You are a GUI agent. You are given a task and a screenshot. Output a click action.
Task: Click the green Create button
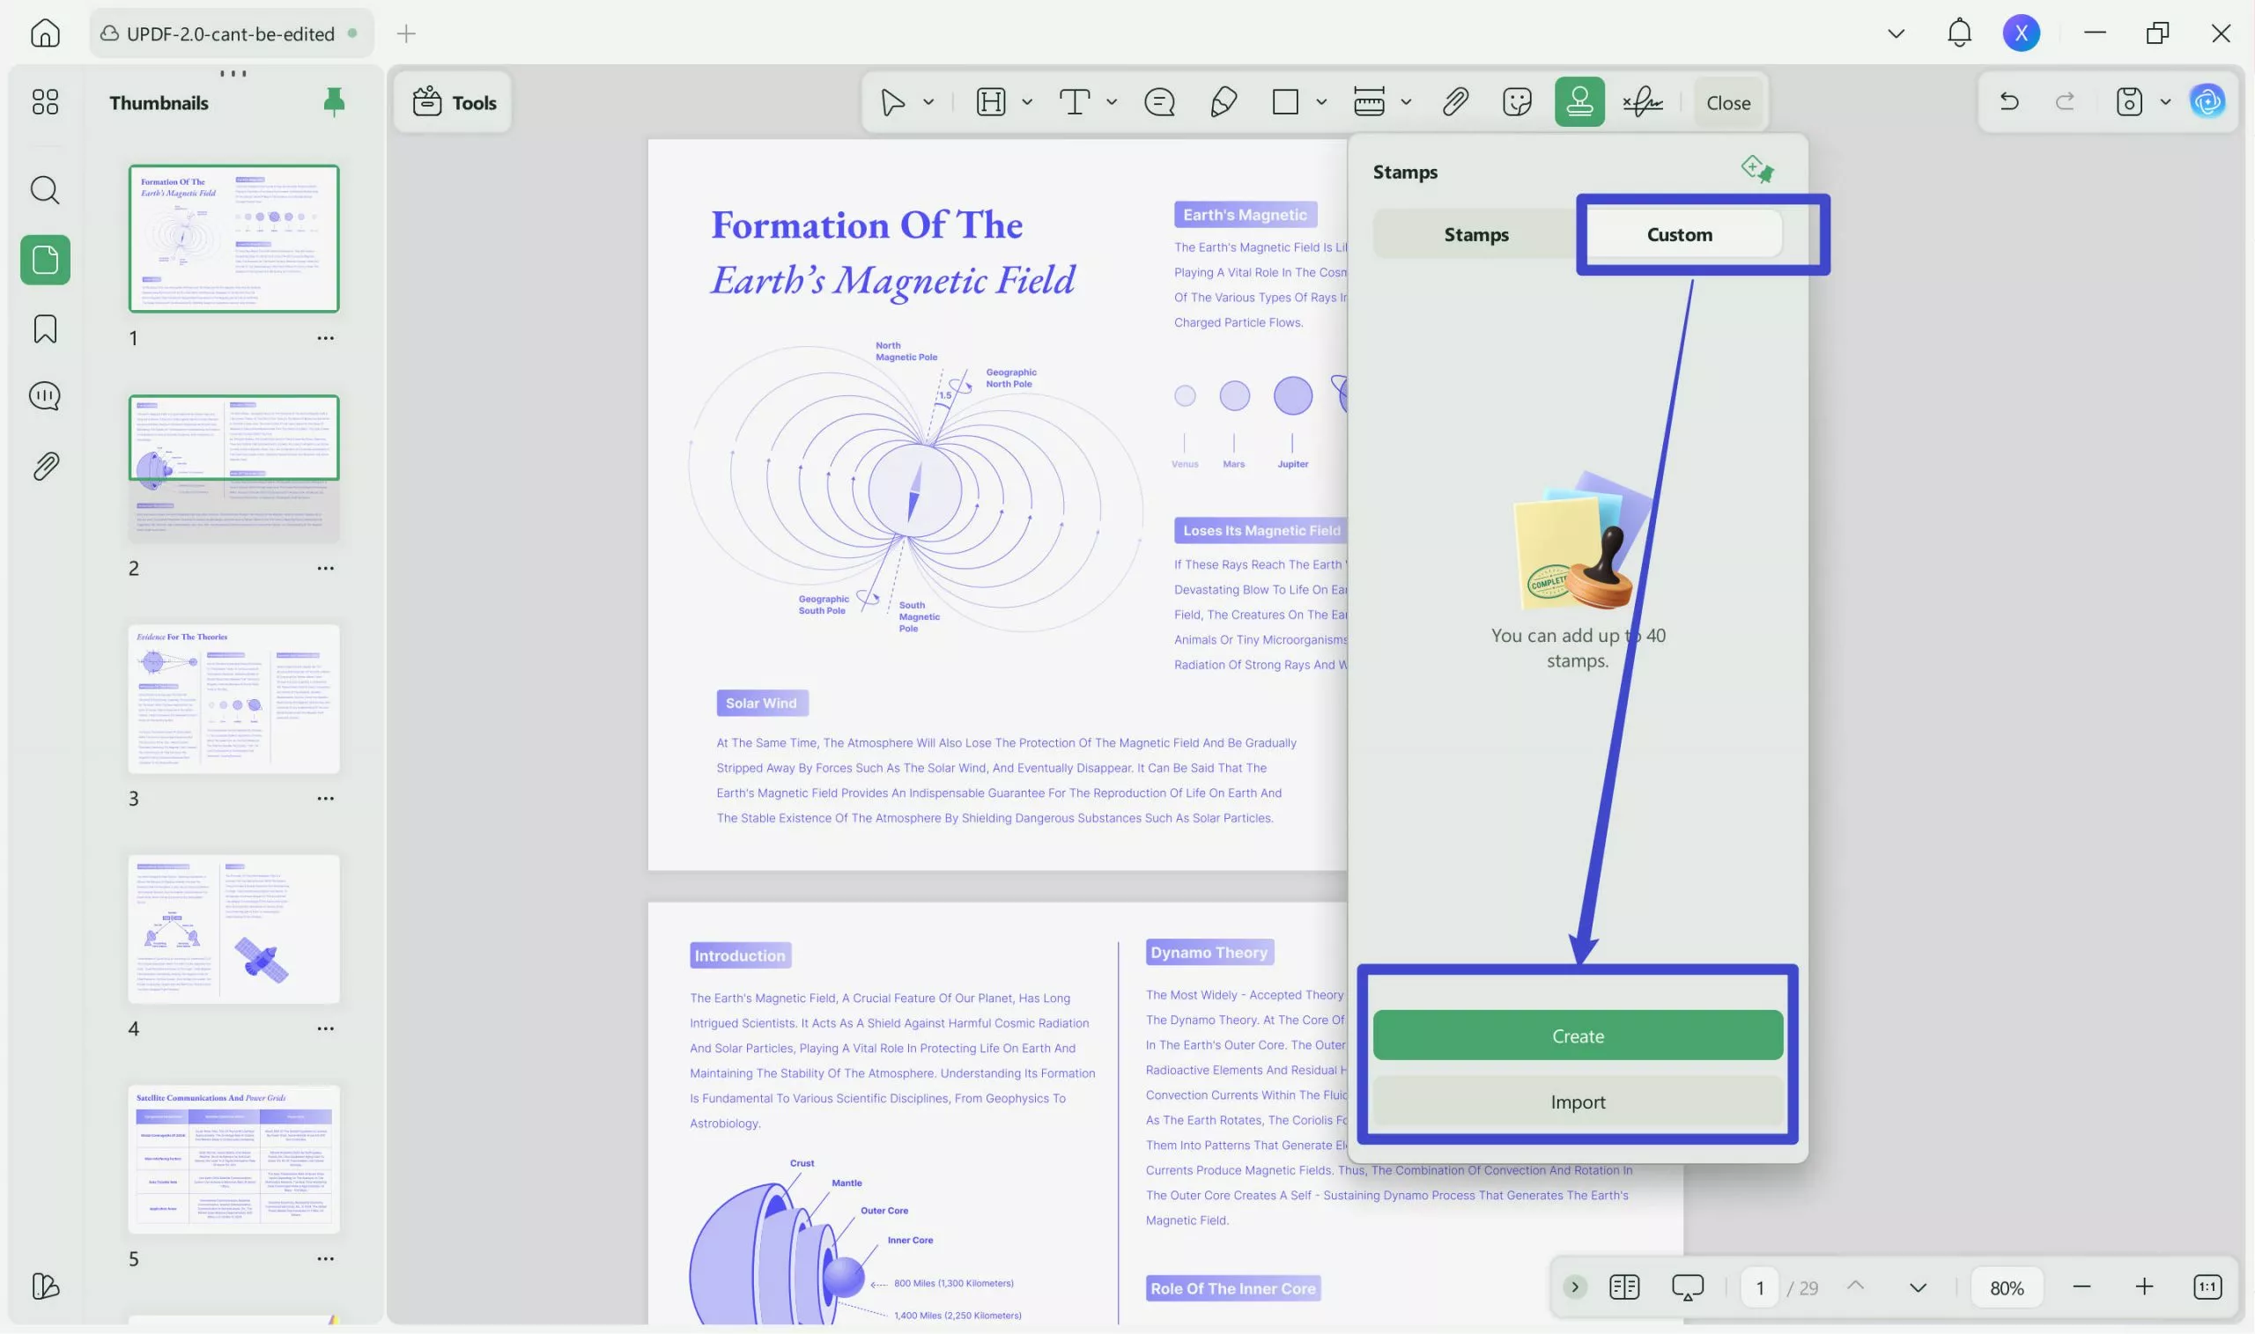pyautogui.click(x=1577, y=1036)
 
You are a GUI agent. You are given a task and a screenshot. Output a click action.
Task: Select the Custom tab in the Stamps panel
pyautogui.click(x=1679, y=234)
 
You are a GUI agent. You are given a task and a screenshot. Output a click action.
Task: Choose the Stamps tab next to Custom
pyautogui.click(x=1475, y=234)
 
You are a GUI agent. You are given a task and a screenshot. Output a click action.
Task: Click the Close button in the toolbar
pyautogui.click(x=1727, y=102)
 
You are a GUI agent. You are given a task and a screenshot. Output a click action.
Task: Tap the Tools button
pyautogui.click(x=454, y=102)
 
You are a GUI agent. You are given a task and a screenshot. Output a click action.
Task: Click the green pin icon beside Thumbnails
pyautogui.click(x=334, y=101)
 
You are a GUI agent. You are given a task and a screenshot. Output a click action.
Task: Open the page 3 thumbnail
pyautogui.click(x=233, y=698)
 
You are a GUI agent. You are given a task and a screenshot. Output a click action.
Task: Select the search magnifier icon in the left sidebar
pyautogui.click(x=45, y=190)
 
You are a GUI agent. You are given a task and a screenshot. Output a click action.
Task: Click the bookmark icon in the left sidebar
pyautogui.click(x=45, y=329)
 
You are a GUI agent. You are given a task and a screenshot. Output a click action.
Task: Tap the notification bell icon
pyautogui.click(x=1958, y=33)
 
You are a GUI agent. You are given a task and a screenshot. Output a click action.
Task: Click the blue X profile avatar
pyautogui.click(x=2021, y=33)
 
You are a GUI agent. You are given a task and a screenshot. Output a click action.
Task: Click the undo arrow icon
pyautogui.click(x=2008, y=101)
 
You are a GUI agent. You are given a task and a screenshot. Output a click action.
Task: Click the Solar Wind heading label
pyautogui.click(x=762, y=703)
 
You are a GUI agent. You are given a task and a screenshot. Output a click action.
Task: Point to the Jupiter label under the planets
pyautogui.click(x=1292, y=464)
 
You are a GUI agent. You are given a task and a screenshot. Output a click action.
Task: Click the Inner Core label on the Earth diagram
pyautogui.click(x=910, y=1240)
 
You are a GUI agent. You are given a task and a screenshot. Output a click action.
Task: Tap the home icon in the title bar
pyautogui.click(x=45, y=33)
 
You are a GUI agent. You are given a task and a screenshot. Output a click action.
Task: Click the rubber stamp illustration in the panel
pyautogui.click(x=1581, y=549)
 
